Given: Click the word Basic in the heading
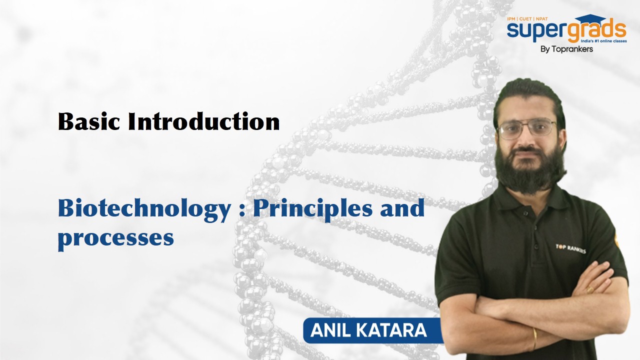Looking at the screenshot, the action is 89,121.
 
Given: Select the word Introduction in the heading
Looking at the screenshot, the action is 203,121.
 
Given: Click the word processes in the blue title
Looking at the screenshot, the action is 116,239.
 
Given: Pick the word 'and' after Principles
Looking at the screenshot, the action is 402,208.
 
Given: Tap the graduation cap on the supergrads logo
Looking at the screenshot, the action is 590,20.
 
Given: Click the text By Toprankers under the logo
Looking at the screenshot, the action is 566,49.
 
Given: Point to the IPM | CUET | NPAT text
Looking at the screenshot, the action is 527,19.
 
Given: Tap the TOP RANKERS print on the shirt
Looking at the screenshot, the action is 570,248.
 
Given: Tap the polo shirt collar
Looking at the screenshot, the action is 528,200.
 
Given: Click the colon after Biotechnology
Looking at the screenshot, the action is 241,211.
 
